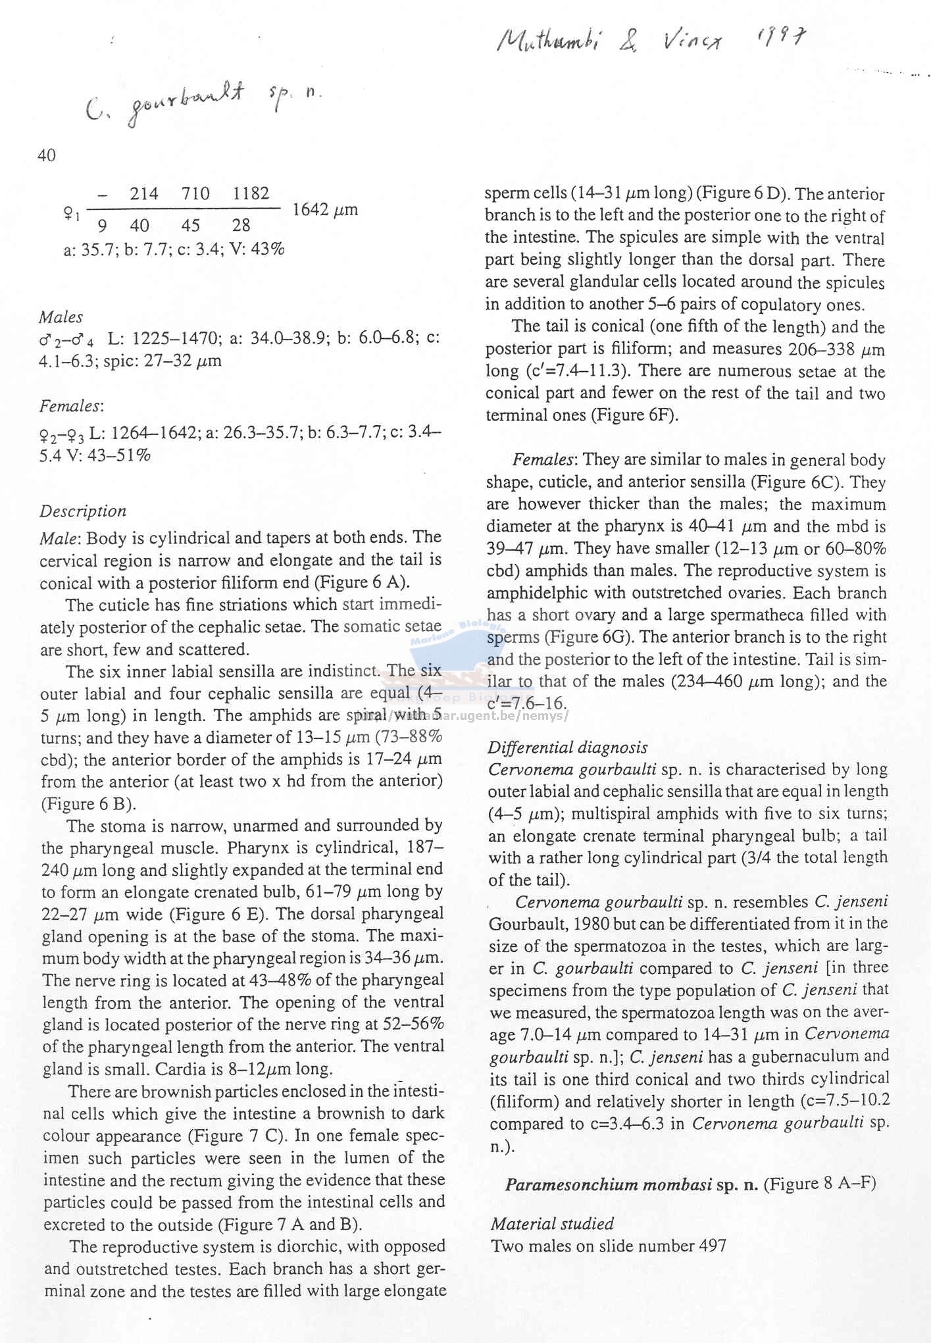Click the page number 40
[x=47, y=155]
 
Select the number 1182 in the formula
[x=251, y=193]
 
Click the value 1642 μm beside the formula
[x=324, y=210]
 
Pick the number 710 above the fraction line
[x=195, y=193]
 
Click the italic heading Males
[x=61, y=317]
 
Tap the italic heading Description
[x=83, y=511]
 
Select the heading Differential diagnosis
[x=567, y=748]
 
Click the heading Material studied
[x=552, y=1224]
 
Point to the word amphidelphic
[x=536, y=593]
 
